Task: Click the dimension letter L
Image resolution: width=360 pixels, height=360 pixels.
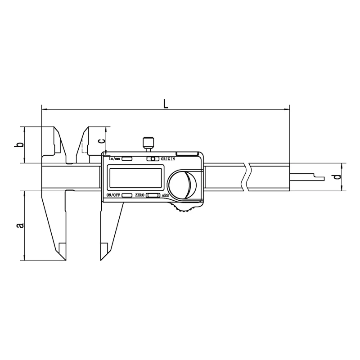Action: pyautogui.click(x=166, y=103)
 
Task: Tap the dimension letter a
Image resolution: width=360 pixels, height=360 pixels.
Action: pyautogui.click(x=20, y=225)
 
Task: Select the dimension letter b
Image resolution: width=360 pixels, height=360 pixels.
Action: pyautogui.click(x=20, y=145)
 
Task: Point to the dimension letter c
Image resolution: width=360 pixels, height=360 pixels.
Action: pyautogui.click(x=102, y=141)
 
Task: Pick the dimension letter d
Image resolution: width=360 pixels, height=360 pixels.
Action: pyautogui.click(x=337, y=177)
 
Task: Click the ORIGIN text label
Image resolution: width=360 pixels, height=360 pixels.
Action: pyautogui.click(x=168, y=159)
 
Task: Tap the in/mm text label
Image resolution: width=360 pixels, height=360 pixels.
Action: pyautogui.click(x=115, y=159)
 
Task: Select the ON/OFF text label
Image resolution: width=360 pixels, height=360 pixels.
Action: pyautogui.click(x=113, y=195)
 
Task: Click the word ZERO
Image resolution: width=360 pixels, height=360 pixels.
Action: pyautogui.click(x=139, y=195)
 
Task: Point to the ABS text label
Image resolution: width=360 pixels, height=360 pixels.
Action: pyautogui.click(x=165, y=196)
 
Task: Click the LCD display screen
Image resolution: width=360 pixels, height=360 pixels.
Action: pyautogui.click(x=136, y=178)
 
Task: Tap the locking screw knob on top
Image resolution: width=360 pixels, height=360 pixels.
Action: pyautogui.click(x=148, y=144)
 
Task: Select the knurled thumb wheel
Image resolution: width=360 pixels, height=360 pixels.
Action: pyautogui.click(x=183, y=208)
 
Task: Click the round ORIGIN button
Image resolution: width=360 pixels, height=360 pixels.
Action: pyautogui.click(x=153, y=159)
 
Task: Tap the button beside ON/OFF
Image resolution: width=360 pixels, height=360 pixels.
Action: pyautogui.click(x=127, y=195)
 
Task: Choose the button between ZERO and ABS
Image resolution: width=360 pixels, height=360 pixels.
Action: pyautogui.click(x=153, y=195)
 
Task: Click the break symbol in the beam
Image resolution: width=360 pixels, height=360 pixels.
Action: pyautogui.click(x=246, y=177)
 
